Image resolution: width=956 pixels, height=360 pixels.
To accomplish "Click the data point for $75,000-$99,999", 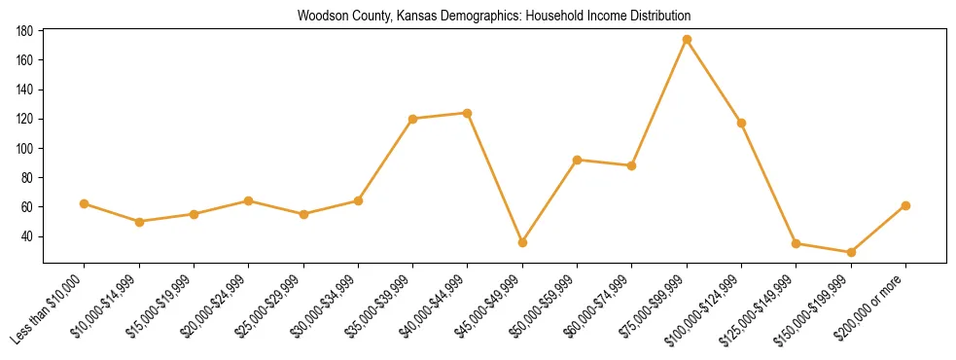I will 687,40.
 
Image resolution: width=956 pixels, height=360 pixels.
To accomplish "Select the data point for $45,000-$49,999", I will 522,242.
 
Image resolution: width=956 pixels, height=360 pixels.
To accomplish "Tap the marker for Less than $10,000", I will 84,203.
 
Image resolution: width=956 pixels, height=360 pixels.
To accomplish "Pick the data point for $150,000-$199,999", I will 851,252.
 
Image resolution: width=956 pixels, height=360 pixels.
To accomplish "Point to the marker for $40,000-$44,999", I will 468,113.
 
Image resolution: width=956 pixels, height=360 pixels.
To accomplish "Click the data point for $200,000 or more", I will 905,205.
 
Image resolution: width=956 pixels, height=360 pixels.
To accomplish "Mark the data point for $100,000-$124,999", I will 741,123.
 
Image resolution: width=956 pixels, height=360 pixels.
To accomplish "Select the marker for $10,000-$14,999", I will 139,222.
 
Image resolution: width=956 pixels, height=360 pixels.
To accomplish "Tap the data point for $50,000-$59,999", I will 577,160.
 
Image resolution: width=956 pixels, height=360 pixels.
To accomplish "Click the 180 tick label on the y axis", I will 25,31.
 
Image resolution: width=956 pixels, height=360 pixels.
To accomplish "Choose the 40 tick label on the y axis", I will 28,236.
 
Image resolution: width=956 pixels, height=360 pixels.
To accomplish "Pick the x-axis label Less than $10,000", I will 50,307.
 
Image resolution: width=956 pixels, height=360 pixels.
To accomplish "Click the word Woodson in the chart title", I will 320,17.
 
